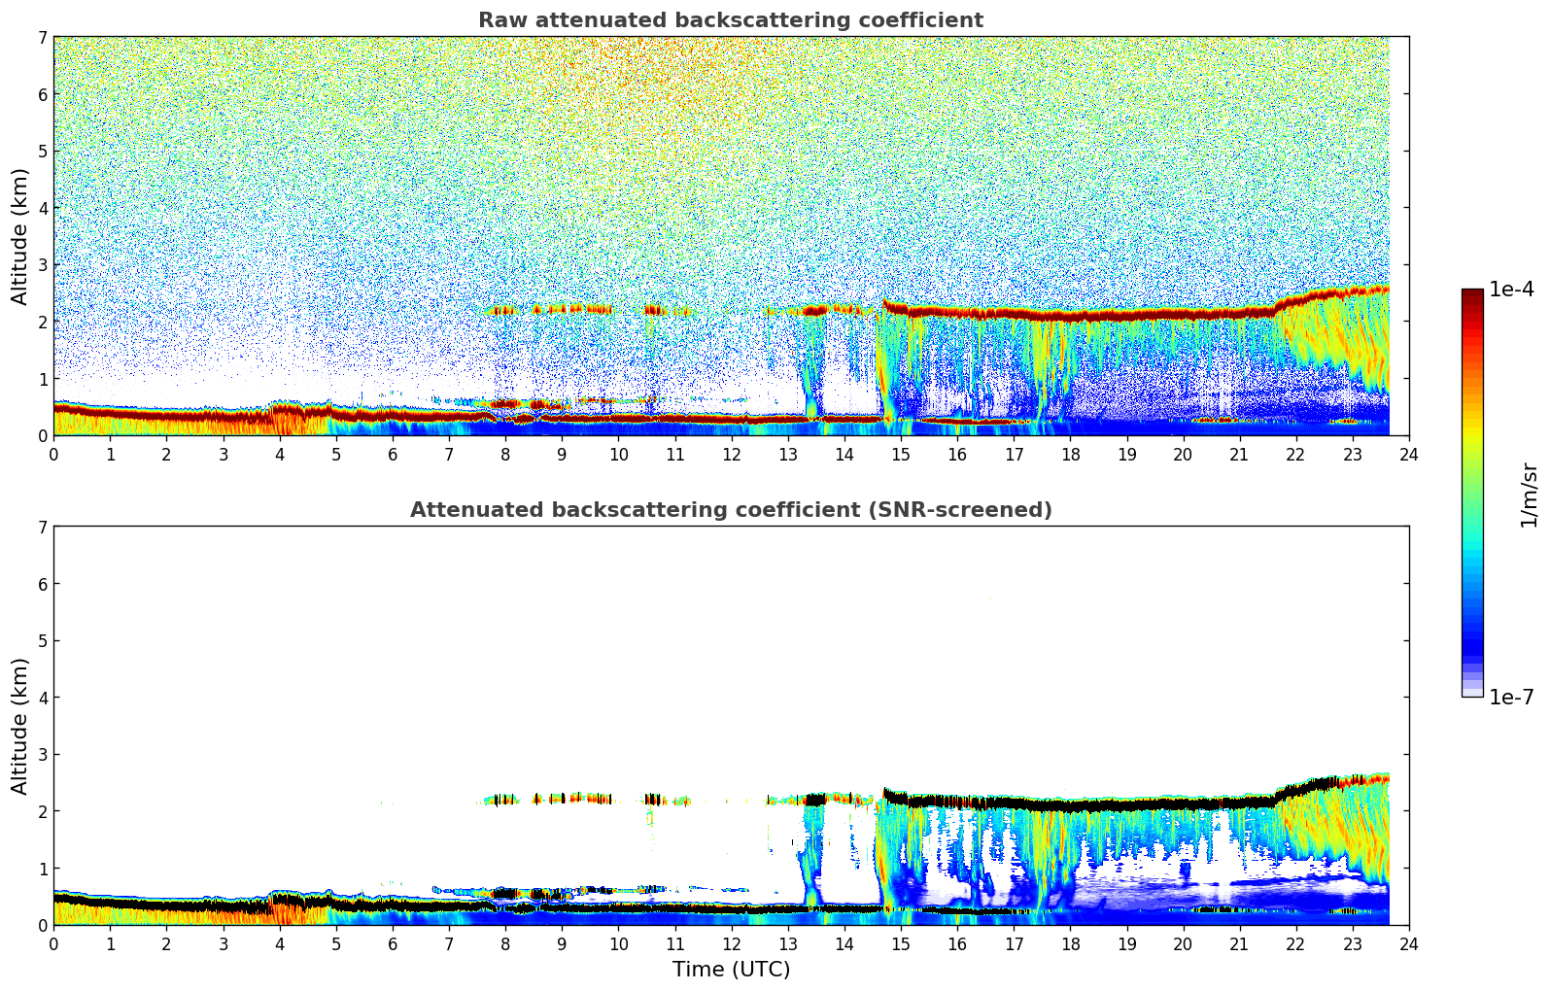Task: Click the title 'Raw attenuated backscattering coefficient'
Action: [x=730, y=20]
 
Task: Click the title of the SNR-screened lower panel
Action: [x=730, y=510]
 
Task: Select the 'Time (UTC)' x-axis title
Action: [x=731, y=969]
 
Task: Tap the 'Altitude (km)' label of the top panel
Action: [x=20, y=236]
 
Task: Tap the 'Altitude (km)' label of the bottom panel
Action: [x=20, y=726]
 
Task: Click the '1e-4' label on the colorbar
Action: [x=1511, y=290]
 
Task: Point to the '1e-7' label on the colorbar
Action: [x=1511, y=697]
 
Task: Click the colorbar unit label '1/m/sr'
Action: [x=1529, y=494]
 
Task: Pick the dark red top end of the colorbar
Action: [x=1472, y=294]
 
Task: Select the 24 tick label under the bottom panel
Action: [x=1408, y=943]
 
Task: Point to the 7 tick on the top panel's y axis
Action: [x=42, y=38]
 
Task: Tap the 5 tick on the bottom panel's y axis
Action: [x=42, y=641]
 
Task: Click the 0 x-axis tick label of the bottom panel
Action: [x=53, y=943]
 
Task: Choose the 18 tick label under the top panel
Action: [x=1070, y=454]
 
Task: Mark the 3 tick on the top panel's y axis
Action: [x=42, y=265]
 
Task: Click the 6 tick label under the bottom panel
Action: [x=393, y=943]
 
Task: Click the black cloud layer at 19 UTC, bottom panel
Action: [x=1126, y=805]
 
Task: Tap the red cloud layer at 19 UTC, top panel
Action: [x=1126, y=316]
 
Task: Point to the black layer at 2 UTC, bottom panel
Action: [x=166, y=906]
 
